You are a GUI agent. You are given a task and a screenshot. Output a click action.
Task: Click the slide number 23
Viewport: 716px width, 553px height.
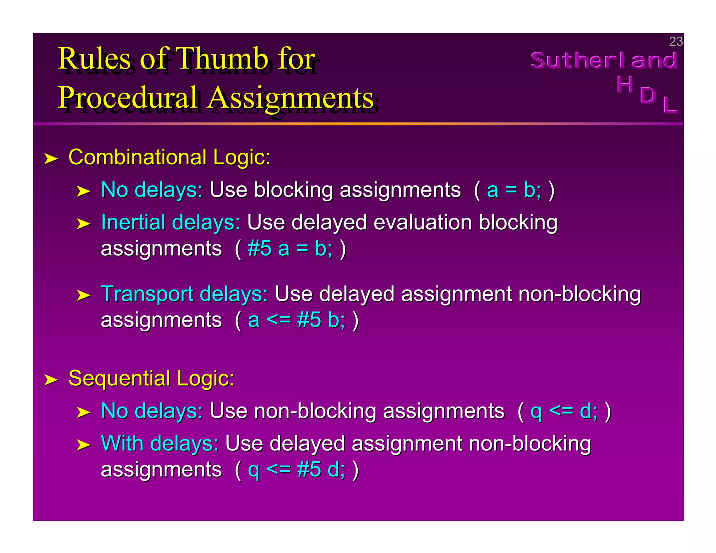click(675, 42)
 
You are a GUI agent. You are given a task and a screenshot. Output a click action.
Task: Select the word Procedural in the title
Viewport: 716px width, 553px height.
click(128, 98)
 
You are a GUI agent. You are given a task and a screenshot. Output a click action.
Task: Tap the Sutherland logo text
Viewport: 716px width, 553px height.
click(604, 60)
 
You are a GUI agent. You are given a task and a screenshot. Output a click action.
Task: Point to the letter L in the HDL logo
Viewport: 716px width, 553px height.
click(670, 105)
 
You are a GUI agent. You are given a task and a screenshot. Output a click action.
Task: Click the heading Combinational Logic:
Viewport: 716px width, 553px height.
click(169, 157)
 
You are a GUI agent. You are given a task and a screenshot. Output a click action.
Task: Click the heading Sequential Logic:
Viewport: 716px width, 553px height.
click(151, 378)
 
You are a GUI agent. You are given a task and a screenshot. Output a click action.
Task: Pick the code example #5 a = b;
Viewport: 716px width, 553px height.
click(290, 249)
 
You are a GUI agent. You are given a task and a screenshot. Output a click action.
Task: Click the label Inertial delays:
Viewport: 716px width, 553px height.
click(171, 223)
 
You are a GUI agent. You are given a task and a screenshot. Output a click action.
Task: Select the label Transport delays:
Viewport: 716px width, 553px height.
click(184, 294)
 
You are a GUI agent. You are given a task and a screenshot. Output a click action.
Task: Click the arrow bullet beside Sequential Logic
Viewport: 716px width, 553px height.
click(51, 380)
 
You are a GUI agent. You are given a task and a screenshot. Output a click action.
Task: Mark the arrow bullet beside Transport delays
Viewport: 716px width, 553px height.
click(83, 296)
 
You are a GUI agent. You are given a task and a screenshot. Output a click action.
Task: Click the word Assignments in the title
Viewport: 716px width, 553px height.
click(290, 98)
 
